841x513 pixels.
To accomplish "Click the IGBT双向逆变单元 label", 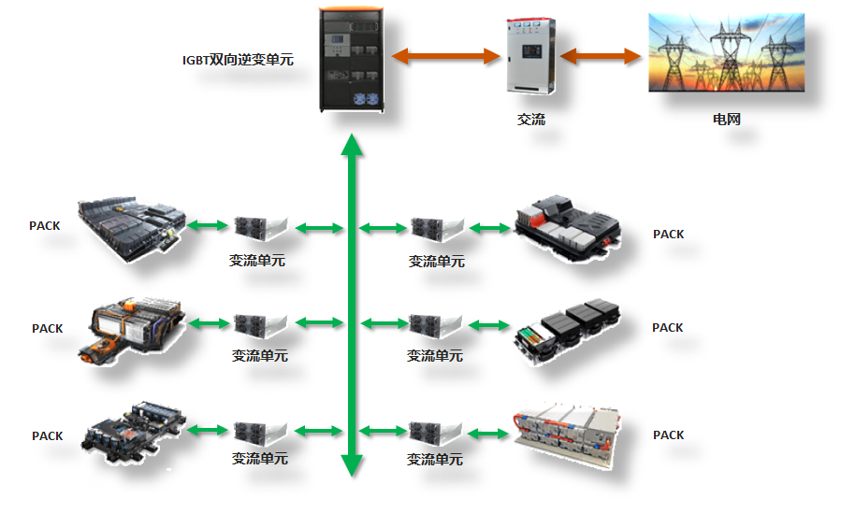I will [238, 60].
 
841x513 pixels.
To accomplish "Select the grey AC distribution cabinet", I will [530, 56].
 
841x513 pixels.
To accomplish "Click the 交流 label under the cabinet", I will [530, 120].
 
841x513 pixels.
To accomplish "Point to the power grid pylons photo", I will [727, 52].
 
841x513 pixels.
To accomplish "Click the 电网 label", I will [727, 120].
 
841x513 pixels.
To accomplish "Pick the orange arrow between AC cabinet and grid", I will [600, 56].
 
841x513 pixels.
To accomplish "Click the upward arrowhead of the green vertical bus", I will [352, 145].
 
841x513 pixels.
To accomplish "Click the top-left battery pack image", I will [130, 225].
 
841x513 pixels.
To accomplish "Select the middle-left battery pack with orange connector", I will [137, 328].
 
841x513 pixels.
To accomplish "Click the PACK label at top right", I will [668, 235].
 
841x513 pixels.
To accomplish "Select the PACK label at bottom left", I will [47, 436].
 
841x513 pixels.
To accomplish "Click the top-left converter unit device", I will [259, 226].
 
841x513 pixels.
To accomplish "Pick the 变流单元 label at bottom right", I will [435, 460].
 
